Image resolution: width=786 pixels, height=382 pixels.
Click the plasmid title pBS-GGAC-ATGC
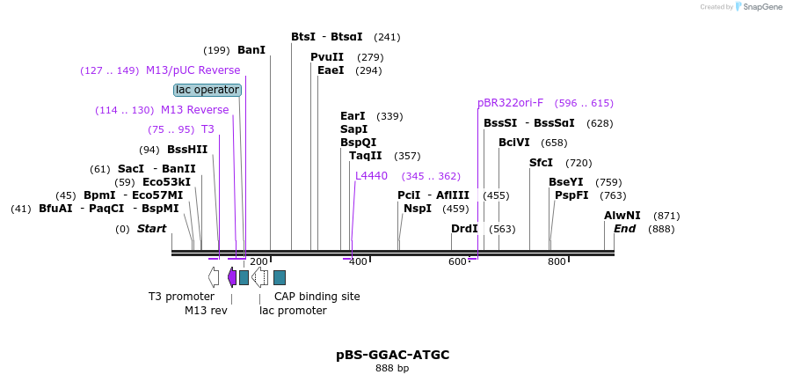(x=392, y=355)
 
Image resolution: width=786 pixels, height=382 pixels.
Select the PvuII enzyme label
(x=327, y=57)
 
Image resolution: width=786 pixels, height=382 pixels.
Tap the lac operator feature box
(x=207, y=90)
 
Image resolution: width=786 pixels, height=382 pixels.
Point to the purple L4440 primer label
(x=371, y=176)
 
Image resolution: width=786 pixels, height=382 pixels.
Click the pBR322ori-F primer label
(x=510, y=103)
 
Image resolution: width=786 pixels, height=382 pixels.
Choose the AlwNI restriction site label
(x=622, y=216)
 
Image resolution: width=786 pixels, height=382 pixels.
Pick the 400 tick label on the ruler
(x=358, y=261)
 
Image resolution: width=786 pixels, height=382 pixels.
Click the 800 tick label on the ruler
(x=557, y=261)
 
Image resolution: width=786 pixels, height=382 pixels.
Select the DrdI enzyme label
(x=464, y=229)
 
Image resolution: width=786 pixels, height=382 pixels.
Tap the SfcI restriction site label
(x=542, y=163)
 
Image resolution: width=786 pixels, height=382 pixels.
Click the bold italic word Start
(x=151, y=229)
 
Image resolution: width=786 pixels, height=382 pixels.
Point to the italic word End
(x=624, y=229)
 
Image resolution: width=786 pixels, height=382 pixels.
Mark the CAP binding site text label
(x=317, y=297)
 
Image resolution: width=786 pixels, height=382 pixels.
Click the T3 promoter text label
(x=181, y=297)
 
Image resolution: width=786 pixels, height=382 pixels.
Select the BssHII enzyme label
(x=187, y=150)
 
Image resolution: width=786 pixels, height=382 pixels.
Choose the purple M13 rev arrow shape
(x=232, y=277)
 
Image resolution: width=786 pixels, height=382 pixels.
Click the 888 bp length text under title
(x=392, y=368)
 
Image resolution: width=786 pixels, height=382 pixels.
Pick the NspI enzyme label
(x=418, y=209)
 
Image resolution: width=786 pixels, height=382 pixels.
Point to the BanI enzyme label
(x=251, y=50)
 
